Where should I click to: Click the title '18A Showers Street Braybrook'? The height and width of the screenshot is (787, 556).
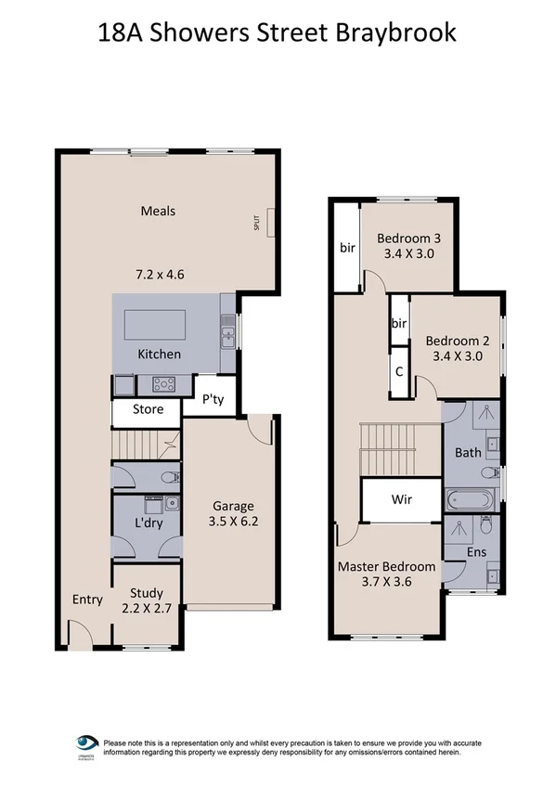[278, 34]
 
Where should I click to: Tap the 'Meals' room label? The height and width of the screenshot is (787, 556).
[158, 211]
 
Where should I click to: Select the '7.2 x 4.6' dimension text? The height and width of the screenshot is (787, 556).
[158, 274]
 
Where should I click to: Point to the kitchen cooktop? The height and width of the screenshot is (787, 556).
[165, 382]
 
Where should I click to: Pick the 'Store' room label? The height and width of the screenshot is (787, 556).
[148, 409]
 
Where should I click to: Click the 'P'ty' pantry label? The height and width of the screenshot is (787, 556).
[217, 402]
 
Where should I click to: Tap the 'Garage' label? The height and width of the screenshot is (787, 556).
[233, 506]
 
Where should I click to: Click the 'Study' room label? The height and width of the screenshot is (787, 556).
[147, 593]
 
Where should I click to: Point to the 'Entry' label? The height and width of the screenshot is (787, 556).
[87, 600]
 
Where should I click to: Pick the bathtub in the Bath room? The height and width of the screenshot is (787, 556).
[468, 501]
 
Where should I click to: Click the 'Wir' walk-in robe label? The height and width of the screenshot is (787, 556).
[401, 499]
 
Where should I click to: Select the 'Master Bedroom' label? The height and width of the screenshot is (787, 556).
[386, 567]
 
